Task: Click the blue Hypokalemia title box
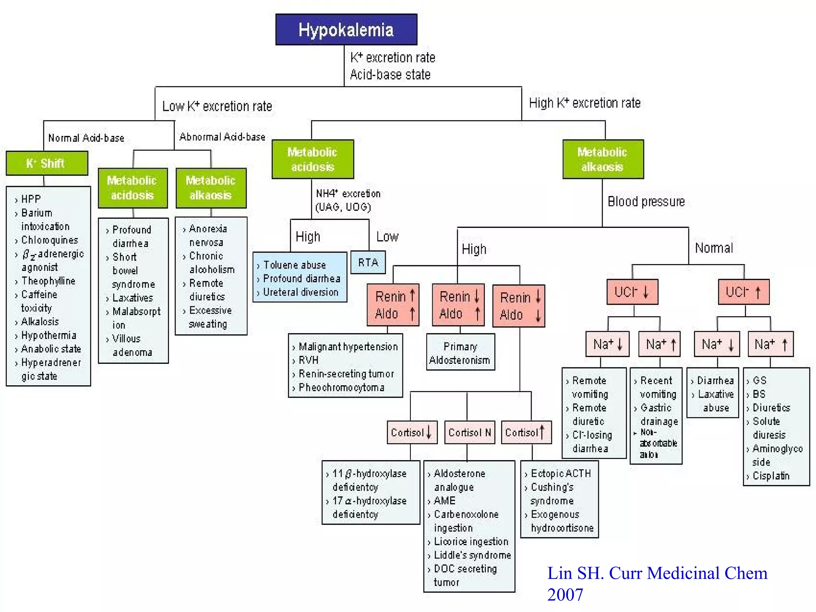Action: [x=346, y=30]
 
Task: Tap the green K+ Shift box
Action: [x=47, y=163]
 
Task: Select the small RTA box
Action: [x=368, y=263]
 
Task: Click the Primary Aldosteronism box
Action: [x=460, y=353]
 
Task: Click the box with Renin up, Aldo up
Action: [x=393, y=305]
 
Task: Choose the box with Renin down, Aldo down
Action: [x=518, y=306]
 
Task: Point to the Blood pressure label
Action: [x=646, y=202]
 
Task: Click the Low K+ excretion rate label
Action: [x=217, y=106]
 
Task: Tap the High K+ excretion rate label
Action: [x=585, y=103]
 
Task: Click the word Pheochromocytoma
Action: [x=341, y=387]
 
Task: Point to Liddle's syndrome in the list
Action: [x=472, y=555]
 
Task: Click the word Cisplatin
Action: [x=771, y=476]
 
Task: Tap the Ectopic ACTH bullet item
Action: [x=561, y=473]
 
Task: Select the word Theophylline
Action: [x=48, y=281]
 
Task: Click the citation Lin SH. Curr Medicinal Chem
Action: [x=657, y=573]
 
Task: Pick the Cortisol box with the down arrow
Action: [x=412, y=432]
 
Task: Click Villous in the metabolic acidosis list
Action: [x=126, y=339]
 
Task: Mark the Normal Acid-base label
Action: [x=86, y=138]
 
